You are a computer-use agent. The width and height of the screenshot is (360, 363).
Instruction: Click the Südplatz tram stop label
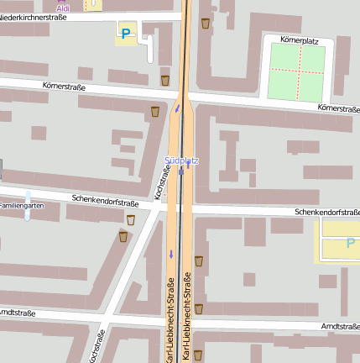point(181,160)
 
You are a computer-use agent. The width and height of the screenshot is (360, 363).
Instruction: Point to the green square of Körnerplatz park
point(296,72)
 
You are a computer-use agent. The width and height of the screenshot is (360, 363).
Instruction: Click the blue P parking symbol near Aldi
point(126,34)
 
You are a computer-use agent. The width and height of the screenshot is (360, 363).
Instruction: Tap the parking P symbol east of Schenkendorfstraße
point(350,244)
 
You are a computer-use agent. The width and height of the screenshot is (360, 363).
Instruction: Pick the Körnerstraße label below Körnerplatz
point(338,108)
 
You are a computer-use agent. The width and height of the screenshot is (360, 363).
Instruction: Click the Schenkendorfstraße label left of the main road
point(105,203)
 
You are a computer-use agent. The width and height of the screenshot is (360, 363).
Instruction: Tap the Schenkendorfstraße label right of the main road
point(326,213)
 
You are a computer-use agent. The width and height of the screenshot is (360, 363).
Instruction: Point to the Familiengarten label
point(20,205)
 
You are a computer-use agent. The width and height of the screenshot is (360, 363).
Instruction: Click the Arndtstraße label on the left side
point(17,313)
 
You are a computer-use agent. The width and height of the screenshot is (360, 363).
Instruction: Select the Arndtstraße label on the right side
point(339,326)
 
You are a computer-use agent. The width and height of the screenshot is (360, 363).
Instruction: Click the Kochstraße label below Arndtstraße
point(96,345)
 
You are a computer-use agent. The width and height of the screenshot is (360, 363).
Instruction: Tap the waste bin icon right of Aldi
point(206,23)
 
